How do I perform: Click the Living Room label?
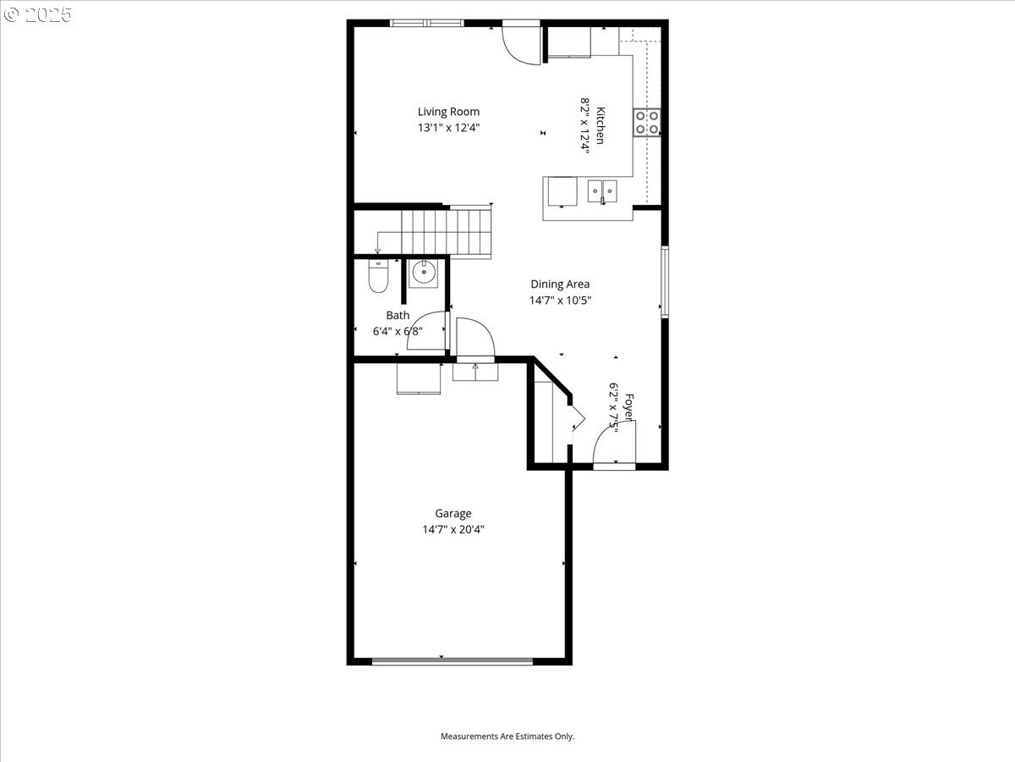448,112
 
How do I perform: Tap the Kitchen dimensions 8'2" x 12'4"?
585,125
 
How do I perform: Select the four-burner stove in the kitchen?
647,123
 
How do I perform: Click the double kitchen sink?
602,191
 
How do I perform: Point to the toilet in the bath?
378,277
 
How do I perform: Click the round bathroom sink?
423,273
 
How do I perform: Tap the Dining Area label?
560,284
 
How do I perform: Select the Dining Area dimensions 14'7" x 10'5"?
560,301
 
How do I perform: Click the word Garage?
453,514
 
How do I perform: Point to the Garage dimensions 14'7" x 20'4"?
453,529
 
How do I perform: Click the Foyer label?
629,407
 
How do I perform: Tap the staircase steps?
446,232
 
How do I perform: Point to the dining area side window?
665,282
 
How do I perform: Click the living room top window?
426,23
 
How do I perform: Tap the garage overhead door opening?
453,661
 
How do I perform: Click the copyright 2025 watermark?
37,14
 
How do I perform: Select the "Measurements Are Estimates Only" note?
507,736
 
